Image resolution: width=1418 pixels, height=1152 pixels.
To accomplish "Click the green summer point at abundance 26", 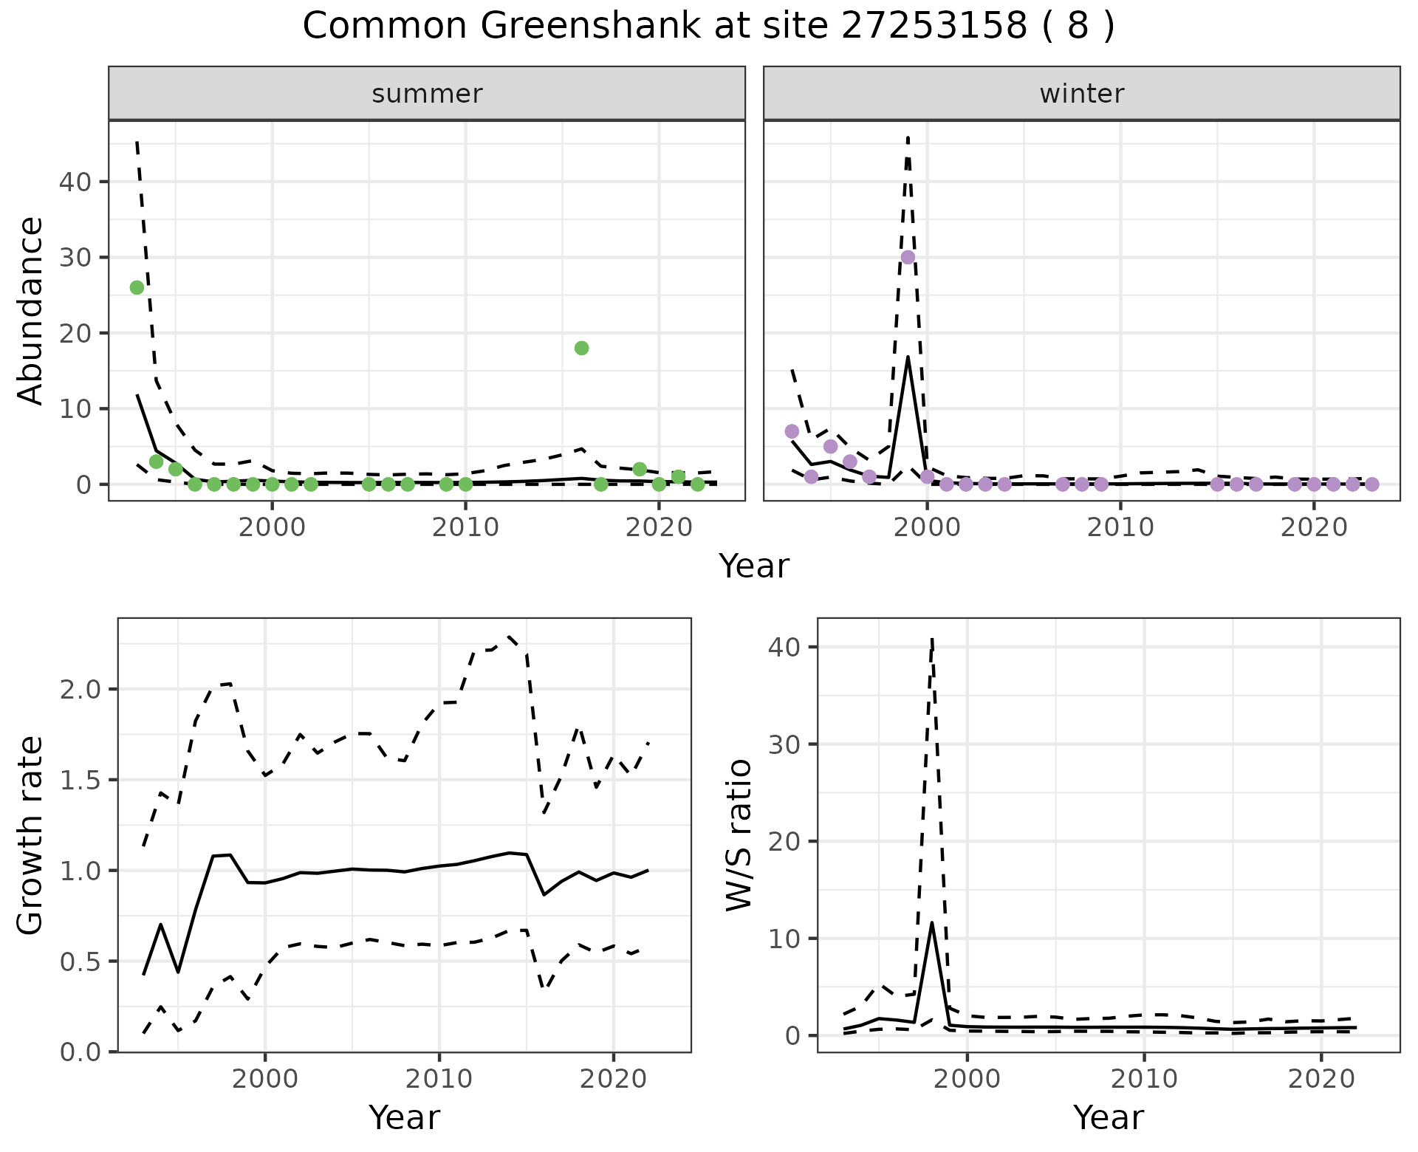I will pos(137,287).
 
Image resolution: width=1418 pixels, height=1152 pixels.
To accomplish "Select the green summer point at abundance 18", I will pos(581,348).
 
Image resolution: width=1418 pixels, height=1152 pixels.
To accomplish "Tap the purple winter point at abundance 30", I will pos(908,257).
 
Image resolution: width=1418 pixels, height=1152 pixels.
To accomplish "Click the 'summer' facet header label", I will pos(427,94).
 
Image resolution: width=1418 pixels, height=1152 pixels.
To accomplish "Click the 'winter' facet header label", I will pos(1081,94).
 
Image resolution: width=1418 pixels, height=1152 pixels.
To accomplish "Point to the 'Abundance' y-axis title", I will pos(31,310).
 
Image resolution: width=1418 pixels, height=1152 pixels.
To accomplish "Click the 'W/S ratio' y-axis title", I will pos(739,835).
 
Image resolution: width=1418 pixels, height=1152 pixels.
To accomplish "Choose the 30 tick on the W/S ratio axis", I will pos(785,744).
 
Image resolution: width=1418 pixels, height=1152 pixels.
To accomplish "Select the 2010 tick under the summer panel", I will pos(465,527).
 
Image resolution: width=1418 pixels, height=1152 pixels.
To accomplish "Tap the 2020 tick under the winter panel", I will pos(1313,527).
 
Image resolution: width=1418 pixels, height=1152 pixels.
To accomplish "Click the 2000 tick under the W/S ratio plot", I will pos(967,1079).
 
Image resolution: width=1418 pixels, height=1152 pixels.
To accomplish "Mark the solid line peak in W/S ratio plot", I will pos(932,922).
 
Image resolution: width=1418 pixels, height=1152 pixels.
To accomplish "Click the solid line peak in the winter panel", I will pos(908,357).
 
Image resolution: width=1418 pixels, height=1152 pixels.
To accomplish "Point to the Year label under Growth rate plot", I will pos(404,1117).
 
